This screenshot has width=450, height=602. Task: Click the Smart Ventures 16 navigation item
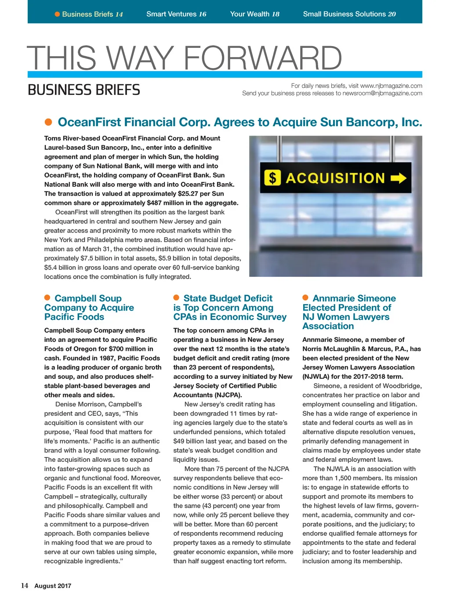pyautogui.click(x=176, y=14)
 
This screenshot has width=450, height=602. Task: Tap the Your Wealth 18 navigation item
pyautogui.click(x=254, y=14)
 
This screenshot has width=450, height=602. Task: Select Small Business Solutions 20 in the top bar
pyautogui.click(x=349, y=14)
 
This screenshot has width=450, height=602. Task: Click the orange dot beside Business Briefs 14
pyautogui.click(x=57, y=15)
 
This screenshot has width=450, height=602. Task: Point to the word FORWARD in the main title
pyautogui.click(x=262, y=58)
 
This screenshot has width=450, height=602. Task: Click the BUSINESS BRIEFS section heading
pyautogui.click(x=84, y=90)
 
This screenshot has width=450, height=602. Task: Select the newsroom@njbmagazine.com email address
pyautogui.click(x=382, y=93)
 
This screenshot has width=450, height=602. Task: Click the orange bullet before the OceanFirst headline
pyautogui.click(x=49, y=122)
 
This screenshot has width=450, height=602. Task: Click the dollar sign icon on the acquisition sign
pyautogui.click(x=272, y=178)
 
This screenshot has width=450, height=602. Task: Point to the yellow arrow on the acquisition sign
pyautogui.click(x=398, y=178)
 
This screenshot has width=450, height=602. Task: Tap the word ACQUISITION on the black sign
pyautogui.click(x=335, y=178)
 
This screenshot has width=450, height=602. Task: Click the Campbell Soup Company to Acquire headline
pyautogui.click(x=89, y=308)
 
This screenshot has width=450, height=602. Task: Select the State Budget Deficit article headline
pyautogui.click(x=230, y=308)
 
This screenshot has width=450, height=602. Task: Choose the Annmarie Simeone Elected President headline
pyautogui.click(x=349, y=312)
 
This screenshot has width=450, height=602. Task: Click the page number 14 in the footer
pyautogui.click(x=25, y=586)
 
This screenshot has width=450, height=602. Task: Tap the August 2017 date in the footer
pyautogui.click(x=53, y=586)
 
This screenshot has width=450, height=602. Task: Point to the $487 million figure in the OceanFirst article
pyautogui.click(x=169, y=203)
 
